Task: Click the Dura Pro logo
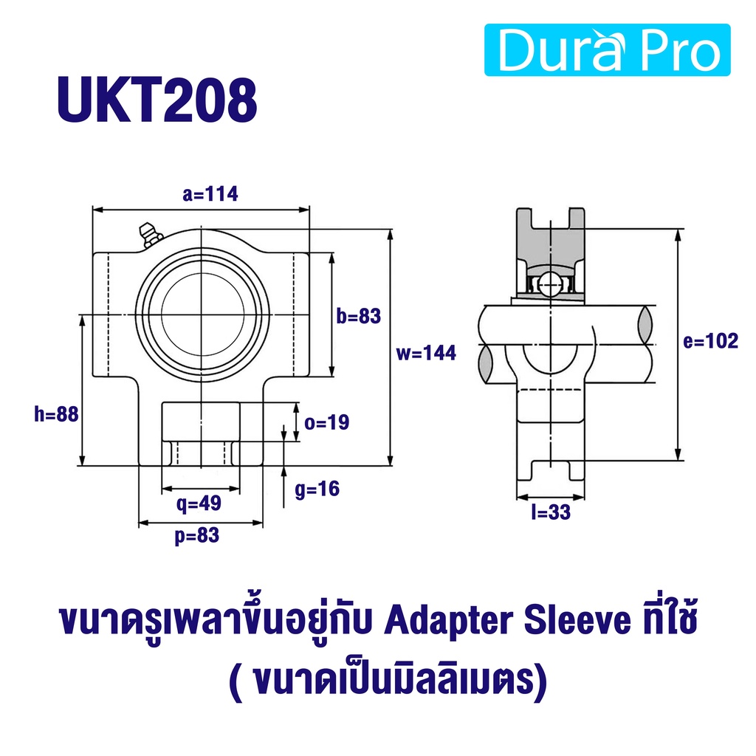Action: (x=607, y=49)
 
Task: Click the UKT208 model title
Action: (x=157, y=100)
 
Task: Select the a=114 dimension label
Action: (x=210, y=194)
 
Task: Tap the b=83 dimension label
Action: (x=359, y=316)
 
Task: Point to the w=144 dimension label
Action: (x=426, y=352)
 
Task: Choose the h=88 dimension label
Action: (x=56, y=414)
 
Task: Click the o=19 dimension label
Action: (x=327, y=422)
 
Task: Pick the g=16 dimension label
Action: (x=317, y=489)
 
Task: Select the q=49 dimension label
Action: (x=199, y=504)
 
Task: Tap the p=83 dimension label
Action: (x=197, y=536)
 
